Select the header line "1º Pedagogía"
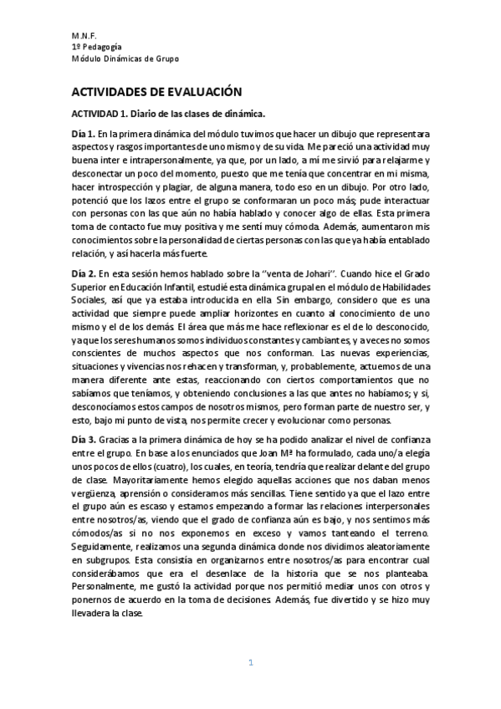click(x=96, y=47)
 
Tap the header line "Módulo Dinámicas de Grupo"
click(x=125, y=58)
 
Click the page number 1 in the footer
click(x=250, y=663)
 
